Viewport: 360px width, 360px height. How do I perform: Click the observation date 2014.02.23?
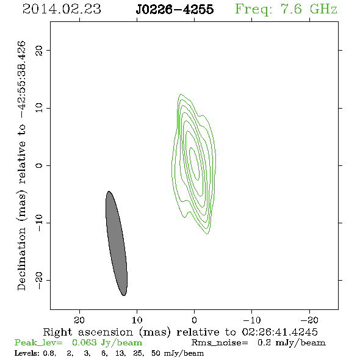coord(62,9)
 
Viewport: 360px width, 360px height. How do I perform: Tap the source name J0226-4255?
coord(175,9)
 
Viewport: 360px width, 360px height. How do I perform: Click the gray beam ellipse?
coord(117,243)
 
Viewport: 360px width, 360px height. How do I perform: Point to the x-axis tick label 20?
coord(79,320)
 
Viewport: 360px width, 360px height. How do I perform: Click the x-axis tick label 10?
coord(137,320)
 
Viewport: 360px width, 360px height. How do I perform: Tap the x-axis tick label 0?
coord(194,320)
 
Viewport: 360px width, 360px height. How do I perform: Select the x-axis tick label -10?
coord(252,320)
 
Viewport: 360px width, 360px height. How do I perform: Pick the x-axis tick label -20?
coord(309,320)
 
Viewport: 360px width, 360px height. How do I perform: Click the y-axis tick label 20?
coord(39,50)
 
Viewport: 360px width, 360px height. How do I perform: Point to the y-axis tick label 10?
coord(39,108)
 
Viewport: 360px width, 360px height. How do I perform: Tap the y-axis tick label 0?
coord(39,165)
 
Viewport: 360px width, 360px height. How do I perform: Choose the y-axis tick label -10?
coord(39,223)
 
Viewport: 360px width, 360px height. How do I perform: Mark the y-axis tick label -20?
coord(39,280)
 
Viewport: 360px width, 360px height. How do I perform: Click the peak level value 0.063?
coord(84,342)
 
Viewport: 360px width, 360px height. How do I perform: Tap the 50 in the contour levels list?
coord(156,353)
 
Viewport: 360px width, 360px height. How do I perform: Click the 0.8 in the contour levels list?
coord(49,353)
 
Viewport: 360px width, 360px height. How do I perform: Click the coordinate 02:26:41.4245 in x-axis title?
coord(279,332)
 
